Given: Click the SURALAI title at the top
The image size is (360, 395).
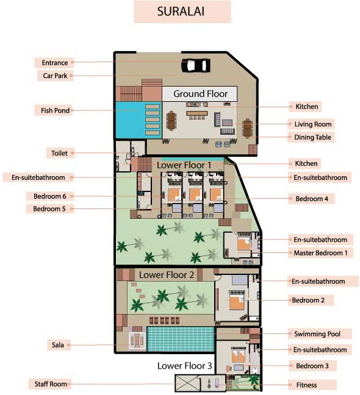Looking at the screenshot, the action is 181,12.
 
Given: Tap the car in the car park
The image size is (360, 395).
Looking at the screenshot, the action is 196,65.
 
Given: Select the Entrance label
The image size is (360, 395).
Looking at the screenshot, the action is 55,63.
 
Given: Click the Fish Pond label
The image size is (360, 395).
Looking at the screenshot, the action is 55,110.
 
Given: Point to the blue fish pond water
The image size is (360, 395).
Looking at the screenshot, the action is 130,120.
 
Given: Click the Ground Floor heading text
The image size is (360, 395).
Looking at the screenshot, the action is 200,94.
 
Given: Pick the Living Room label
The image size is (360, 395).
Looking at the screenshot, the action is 313,124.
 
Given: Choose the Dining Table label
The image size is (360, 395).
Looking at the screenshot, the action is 312,137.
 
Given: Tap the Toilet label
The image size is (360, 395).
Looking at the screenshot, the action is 59,153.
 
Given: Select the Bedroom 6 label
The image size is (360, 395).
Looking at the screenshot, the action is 50,196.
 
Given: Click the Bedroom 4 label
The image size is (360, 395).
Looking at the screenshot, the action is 312,199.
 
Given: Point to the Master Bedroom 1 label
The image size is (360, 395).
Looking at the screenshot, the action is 320,253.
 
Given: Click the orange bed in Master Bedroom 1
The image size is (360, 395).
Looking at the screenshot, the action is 243,244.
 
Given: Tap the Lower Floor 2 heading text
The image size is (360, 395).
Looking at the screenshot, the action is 167,275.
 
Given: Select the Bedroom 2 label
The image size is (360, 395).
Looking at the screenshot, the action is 308,301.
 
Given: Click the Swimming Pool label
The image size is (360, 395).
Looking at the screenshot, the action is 317,334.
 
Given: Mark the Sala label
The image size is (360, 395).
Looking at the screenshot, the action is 58,345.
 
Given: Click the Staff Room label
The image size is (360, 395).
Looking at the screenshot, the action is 51,384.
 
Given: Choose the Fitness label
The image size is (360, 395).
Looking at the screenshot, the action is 306,385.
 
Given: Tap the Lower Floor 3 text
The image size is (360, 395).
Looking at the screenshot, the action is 184,366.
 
